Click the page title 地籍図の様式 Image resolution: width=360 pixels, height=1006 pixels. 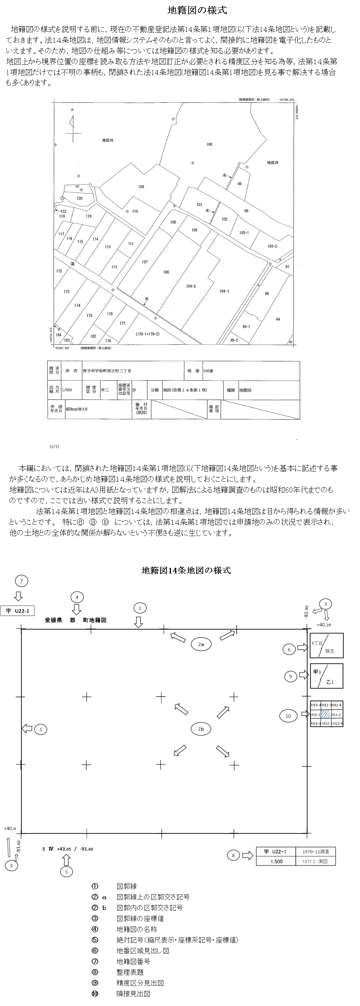(x=197, y=10)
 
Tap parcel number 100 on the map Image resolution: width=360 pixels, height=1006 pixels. (x=209, y=144)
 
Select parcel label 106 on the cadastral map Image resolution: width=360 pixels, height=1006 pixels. (x=166, y=272)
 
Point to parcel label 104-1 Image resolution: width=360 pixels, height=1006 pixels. (x=224, y=291)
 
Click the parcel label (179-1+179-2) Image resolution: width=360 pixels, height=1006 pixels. (x=148, y=334)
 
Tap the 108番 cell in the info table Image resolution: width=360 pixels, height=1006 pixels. (x=208, y=371)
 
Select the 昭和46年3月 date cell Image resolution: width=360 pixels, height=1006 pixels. (x=77, y=409)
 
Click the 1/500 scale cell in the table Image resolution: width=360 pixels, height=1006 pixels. (x=67, y=390)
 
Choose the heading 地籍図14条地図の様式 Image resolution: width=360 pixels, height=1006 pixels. (x=186, y=571)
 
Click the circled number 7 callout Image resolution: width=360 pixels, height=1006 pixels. (x=21, y=581)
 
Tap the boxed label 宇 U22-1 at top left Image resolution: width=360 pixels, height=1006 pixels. (x=18, y=611)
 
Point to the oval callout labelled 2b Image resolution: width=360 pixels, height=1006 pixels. (x=201, y=729)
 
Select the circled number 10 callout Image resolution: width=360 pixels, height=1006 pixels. (x=288, y=716)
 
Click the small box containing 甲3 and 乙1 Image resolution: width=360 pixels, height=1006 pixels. (x=327, y=676)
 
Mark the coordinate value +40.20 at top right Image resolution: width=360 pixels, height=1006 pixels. (x=324, y=624)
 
